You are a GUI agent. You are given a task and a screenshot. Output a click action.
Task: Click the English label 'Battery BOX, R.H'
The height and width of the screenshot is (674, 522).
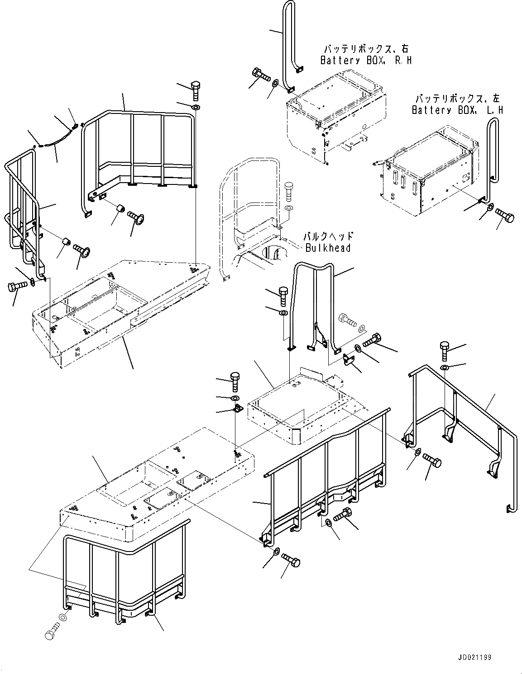point(366,60)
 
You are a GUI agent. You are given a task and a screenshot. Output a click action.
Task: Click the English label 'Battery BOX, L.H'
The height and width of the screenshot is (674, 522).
point(457,110)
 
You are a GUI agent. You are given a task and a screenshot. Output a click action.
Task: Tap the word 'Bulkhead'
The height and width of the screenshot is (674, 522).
point(328,248)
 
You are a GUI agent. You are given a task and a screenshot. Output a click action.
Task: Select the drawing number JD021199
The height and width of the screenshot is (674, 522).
point(472,657)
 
